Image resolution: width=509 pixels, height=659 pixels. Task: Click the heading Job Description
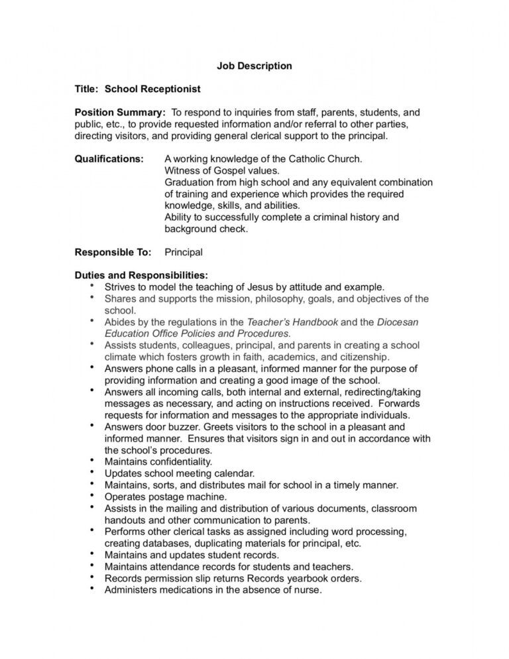click(254, 66)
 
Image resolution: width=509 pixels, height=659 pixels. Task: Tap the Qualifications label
click(109, 159)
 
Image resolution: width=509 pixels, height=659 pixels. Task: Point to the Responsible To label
click(113, 252)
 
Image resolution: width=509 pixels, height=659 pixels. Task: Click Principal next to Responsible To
click(184, 252)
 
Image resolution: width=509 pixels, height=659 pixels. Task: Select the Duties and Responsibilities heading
click(141, 275)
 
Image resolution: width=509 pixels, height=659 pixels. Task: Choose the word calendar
click(233, 473)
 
